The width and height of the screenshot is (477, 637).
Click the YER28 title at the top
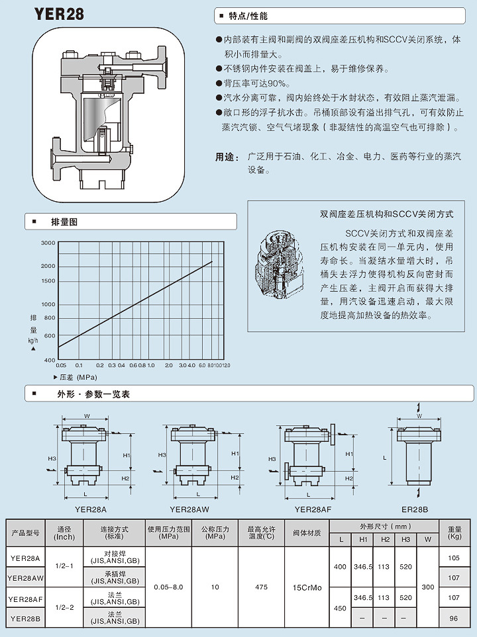click(x=59, y=14)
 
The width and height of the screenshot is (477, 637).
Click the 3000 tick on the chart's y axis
click(x=47, y=243)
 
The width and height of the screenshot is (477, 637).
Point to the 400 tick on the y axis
click(x=50, y=360)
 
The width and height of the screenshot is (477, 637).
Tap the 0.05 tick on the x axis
click(x=61, y=365)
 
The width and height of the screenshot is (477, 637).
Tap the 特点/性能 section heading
click(x=248, y=15)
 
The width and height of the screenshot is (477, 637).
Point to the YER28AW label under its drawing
click(x=189, y=509)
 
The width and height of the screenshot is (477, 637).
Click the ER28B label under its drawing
click(x=415, y=509)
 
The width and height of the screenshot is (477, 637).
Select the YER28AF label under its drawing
click(x=313, y=509)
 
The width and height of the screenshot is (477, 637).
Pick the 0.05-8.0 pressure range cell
click(x=168, y=587)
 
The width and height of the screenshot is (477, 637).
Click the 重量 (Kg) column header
click(x=454, y=532)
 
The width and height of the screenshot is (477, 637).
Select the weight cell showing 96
click(x=454, y=619)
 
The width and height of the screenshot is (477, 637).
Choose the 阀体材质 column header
click(x=307, y=532)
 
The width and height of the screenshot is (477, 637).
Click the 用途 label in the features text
click(x=227, y=157)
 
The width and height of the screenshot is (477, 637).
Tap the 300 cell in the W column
click(x=427, y=587)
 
